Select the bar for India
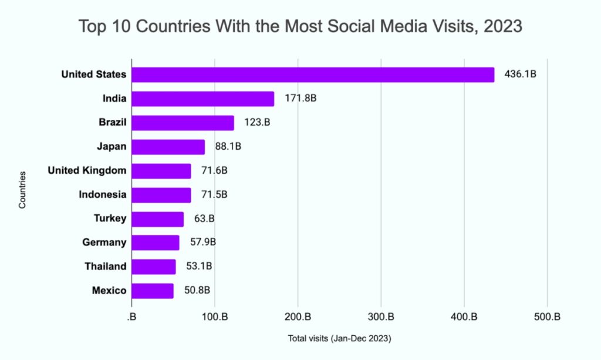click(202, 99)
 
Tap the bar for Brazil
click(183, 123)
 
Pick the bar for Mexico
click(153, 290)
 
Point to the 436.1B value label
click(521, 75)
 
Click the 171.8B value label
click(300, 99)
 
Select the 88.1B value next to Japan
click(228, 147)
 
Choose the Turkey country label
click(110, 218)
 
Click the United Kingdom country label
click(87, 170)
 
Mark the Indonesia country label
click(102, 194)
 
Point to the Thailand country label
click(105, 266)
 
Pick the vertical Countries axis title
click(22, 190)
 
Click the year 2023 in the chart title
click(502, 27)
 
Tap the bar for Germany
click(155, 243)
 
